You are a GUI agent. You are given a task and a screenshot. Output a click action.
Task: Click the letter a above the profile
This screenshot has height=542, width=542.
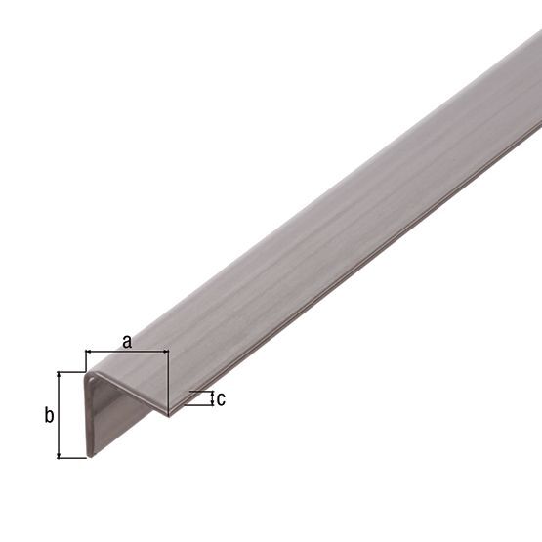[x=126, y=340]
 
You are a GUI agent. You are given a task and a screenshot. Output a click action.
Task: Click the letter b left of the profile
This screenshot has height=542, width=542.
[x=48, y=415]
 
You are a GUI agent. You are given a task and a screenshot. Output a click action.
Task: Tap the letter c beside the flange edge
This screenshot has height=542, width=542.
[x=221, y=398]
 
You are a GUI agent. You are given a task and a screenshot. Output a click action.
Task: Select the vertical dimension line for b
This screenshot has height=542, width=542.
[x=60, y=415]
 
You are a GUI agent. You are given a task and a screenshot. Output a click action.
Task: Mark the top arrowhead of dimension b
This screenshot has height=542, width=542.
[x=60, y=375]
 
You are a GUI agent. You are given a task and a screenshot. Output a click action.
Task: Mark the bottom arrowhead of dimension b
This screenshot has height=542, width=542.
[x=60, y=454]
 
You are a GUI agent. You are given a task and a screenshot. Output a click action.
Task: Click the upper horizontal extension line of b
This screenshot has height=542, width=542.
[x=70, y=372]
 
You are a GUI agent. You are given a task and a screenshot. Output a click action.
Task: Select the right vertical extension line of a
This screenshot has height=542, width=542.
[x=168, y=376]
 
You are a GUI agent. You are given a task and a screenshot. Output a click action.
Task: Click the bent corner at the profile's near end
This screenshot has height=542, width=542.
[x=90, y=373]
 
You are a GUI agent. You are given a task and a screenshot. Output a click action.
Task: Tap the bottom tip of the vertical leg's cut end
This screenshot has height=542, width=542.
[x=90, y=455]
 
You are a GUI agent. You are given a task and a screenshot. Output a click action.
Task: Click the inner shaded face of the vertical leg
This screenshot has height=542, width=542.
[x=127, y=415]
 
